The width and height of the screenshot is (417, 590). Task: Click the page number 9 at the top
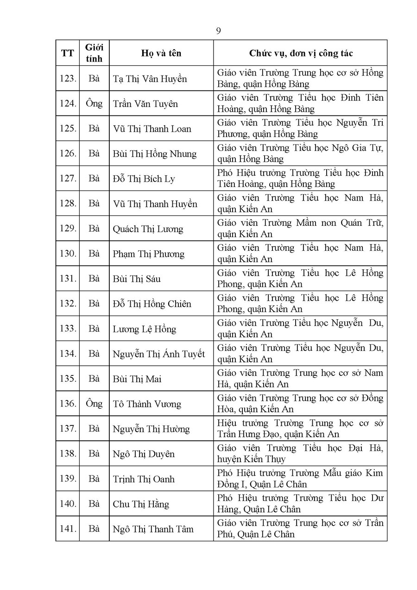pos(218,31)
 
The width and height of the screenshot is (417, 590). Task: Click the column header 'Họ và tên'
pos(161,53)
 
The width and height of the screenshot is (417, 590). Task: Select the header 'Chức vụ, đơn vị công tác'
pos(301,53)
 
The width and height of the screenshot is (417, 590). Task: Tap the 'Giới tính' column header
pos(94,53)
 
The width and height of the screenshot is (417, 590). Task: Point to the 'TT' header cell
pos(67,53)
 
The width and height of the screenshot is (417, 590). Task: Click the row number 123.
pos(68,78)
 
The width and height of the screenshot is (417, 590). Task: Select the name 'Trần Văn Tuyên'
pos(145,104)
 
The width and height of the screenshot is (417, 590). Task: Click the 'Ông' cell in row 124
pos(94,103)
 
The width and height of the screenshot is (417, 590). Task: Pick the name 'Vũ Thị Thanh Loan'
pos(152,129)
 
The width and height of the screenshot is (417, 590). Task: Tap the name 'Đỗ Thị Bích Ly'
pos(144,179)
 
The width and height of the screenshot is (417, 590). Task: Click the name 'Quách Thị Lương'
pos(148,229)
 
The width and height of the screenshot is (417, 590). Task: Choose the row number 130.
pos(68,254)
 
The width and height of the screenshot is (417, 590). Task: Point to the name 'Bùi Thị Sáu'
pos(137,279)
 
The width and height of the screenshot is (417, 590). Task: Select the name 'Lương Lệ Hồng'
pos(145,329)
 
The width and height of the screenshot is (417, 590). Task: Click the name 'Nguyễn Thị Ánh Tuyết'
pos(159,354)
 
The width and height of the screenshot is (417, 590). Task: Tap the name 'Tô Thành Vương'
pos(147,404)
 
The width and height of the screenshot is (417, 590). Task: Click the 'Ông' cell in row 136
pos(94,404)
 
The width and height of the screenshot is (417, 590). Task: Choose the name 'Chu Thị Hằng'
pos(141,504)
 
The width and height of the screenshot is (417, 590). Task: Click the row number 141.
pos(68,529)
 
